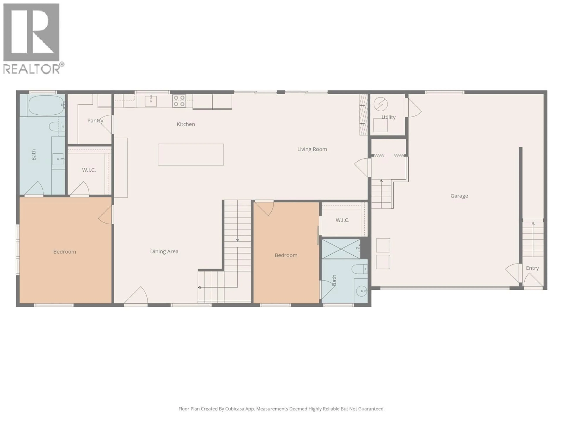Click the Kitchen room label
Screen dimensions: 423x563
(x=186, y=124)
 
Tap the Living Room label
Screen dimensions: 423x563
(x=312, y=149)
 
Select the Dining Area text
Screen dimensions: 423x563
(x=164, y=251)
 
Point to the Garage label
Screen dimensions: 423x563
(x=459, y=196)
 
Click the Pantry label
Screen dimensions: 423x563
(x=95, y=121)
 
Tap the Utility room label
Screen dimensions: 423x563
(x=388, y=117)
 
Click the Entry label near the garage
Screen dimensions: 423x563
(x=533, y=268)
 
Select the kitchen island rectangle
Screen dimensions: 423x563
(x=191, y=155)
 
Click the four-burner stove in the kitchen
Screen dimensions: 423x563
(x=179, y=101)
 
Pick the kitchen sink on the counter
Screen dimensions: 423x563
(x=151, y=101)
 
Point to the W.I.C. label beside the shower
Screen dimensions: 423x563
(x=342, y=220)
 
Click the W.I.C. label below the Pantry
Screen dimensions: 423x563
(x=89, y=170)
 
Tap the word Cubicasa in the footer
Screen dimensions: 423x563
(x=235, y=409)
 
